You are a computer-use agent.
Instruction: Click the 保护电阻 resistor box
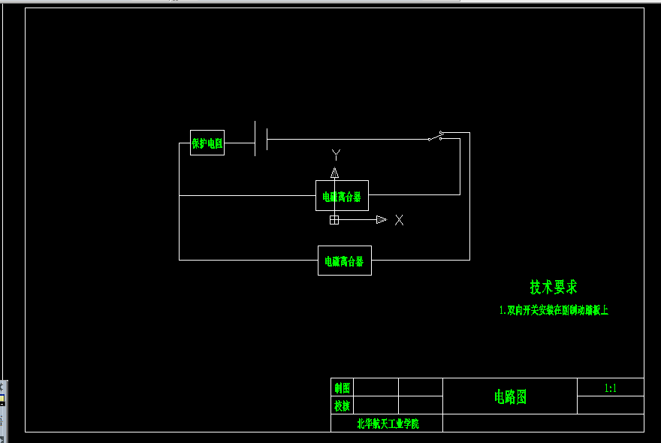click(x=207, y=143)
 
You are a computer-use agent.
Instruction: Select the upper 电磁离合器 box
click(x=342, y=196)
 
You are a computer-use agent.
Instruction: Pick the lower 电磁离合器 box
click(x=344, y=261)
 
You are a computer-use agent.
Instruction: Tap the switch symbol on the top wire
click(x=436, y=136)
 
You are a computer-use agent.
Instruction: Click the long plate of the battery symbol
click(x=255, y=138)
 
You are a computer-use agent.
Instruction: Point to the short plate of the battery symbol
click(x=267, y=139)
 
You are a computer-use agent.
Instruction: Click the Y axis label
click(x=336, y=155)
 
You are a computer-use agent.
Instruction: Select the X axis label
click(x=399, y=220)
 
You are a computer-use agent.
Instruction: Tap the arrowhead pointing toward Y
click(x=334, y=173)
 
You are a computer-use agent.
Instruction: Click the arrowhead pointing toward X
click(x=381, y=219)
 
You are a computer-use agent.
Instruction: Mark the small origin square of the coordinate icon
click(x=334, y=219)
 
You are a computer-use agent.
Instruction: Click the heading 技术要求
click(x=554, y=287)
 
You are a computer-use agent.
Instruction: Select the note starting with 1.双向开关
click(x=554, y=310)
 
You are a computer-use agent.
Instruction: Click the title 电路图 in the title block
click(x=510, y=397)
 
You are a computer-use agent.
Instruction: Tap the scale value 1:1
click(x=610, y=388)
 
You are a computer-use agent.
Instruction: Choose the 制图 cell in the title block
click(x=342, y=388)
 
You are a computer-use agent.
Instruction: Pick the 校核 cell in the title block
click(x=342, y=406)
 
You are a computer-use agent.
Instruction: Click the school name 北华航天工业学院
click(x=388, y=424)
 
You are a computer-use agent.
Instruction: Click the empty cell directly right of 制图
click(x=376, y=387)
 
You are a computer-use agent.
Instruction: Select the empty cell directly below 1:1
click(x=610, y=405)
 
